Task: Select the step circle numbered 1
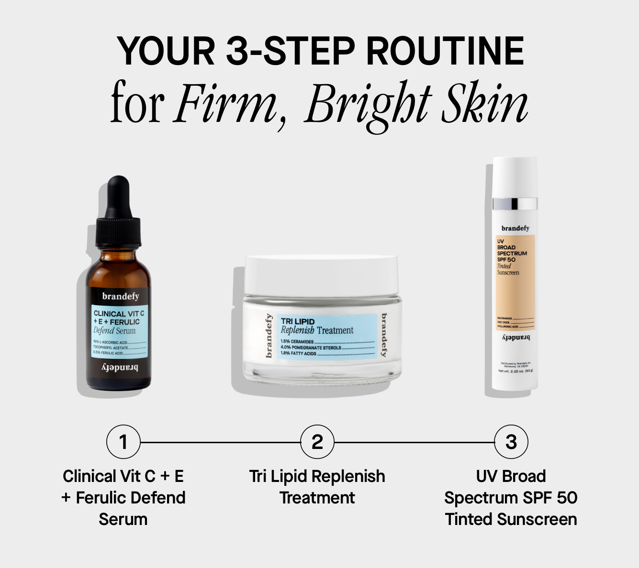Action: tap(123, 442)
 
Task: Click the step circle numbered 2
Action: tap(317, 442)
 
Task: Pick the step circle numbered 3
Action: tap(511, 442)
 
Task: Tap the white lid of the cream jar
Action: tap(321, 275)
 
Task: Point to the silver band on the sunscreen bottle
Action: tap(515, 203)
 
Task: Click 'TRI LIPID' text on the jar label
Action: tap(298, 321)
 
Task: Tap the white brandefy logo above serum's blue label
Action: tap(121, 296)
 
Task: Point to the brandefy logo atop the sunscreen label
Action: tap(515, 229)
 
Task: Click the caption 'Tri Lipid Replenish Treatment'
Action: tap(317, 487)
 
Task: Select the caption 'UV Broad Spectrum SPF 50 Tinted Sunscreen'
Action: tap(511, 498)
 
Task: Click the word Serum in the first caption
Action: tap(123, 519)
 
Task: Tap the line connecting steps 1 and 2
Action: tap(220, 443)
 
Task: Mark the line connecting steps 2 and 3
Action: tap(414, 443)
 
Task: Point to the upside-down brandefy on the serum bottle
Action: tap(120, 368)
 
